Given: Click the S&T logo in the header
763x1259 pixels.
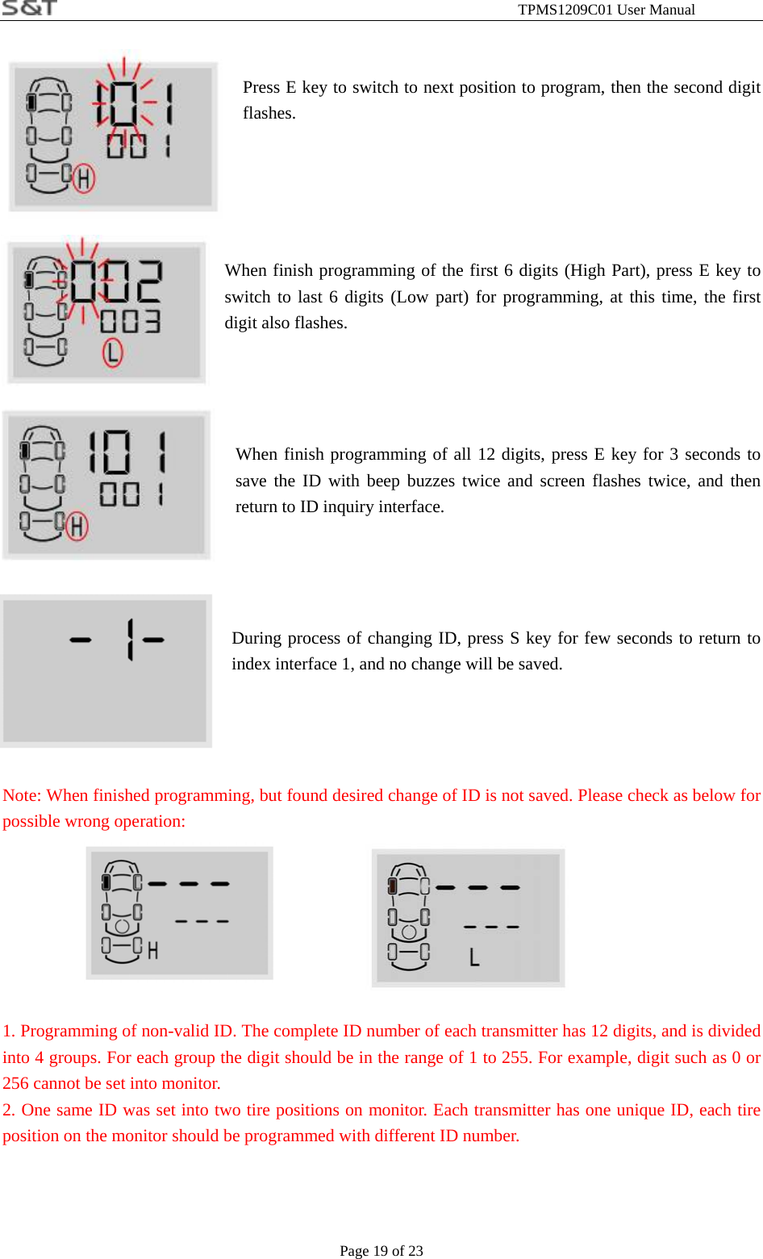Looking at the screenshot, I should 29,8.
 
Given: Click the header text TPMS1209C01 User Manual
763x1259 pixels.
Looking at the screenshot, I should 606,10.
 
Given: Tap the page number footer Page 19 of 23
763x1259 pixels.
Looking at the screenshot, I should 381,1250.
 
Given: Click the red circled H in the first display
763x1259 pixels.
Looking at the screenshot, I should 83,178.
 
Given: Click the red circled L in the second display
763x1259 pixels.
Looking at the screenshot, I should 112,352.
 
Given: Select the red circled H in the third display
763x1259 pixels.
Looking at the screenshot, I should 77,527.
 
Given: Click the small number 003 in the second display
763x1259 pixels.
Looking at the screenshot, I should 130,322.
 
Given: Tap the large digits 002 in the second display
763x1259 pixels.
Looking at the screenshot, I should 116,282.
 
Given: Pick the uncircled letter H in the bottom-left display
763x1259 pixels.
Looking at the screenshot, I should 152,951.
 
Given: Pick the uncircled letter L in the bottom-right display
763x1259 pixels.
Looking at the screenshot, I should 474,957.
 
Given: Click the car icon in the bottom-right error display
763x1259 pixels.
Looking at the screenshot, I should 408,916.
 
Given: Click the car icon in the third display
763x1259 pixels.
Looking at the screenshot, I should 43,483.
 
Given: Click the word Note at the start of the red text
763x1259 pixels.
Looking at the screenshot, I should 21,795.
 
